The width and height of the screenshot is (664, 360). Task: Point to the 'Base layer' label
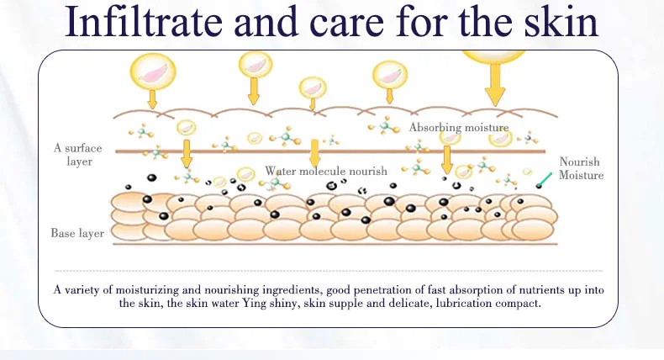coord(77,233)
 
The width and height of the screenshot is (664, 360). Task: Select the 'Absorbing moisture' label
coord(459,128)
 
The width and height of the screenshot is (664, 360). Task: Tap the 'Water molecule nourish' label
coord(326,171)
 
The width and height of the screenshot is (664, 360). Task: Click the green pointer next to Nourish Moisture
coord(544,177)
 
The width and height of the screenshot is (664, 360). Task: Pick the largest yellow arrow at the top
coord(494,84)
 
